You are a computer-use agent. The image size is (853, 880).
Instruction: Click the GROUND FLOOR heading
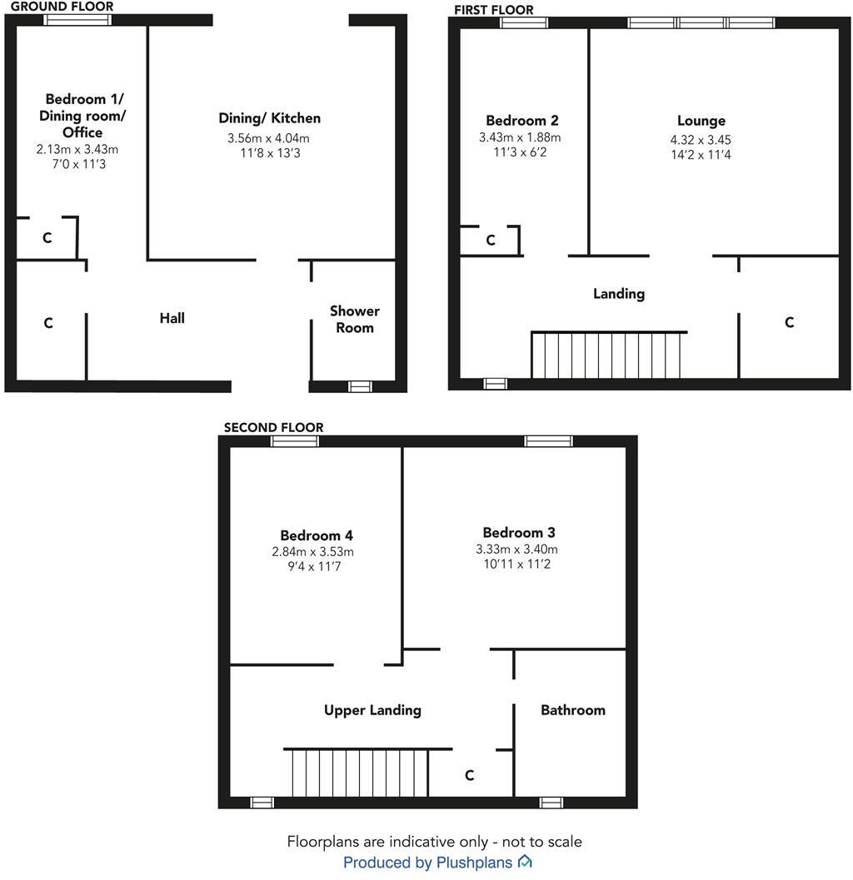[62, 7]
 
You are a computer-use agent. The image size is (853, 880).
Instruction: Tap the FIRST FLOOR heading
[493, 10]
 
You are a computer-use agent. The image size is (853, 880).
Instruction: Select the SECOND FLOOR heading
[273, 427]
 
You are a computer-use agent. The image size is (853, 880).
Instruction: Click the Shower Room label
[354, 319]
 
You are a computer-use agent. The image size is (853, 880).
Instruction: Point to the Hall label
[172, 318]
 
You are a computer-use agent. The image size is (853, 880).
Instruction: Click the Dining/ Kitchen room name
[269, 118]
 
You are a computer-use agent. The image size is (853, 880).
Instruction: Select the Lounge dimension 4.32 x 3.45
[701, 140]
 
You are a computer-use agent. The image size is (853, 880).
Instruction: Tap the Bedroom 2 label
[520, 120]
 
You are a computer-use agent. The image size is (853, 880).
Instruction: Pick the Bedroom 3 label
[519, 532]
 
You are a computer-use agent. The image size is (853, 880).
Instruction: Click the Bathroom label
[572, 710]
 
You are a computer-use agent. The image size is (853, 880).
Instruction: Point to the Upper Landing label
[372, 710]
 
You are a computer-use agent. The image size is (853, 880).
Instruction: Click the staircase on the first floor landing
[609, 355]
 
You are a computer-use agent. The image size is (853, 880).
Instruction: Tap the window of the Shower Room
[360, 385]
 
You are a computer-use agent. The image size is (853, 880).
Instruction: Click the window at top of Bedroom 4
[295, 441]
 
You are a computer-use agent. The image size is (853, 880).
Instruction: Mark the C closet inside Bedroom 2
[491, 241]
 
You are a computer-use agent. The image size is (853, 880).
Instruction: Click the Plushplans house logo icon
[525, 862]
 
